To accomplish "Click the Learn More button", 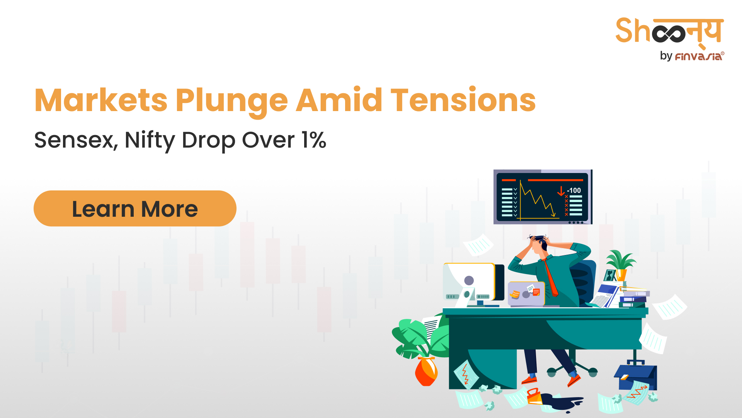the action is pyautogui.click(x=135, y=208).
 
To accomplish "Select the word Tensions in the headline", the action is pyautogui.click(x=463, y=100).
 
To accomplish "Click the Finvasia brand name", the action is pyautogui.click(x=699, y=57).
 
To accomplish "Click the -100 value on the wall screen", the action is pyautogui.click(x=574, y=190).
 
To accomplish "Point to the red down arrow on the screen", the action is pyautogui.click(x=561, y=191).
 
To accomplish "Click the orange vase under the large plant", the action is pyautogui.click(x=426, y=371).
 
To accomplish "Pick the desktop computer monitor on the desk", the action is pyautogui.click(x=474, y=285).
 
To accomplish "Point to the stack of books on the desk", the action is pyautogui.click(x=634, y=298).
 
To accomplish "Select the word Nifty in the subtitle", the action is pyautogui.click(x=150, y=140).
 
